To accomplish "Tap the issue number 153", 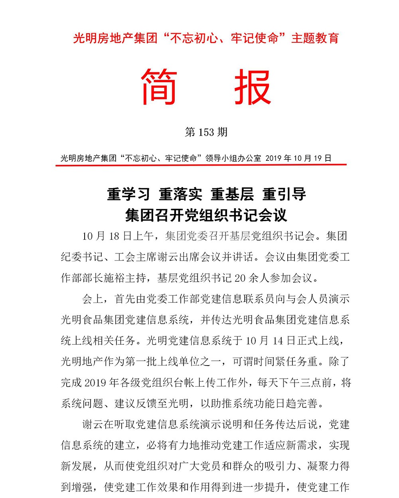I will click(206, 132).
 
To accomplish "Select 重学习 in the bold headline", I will click(128, 194).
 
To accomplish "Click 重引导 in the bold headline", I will click(284, 194).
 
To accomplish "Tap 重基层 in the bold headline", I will click(232, 194).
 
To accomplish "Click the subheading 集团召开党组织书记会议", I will click(206, 215).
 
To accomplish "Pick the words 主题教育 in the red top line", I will click(315, 38).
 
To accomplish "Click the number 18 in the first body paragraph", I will click(114, 236).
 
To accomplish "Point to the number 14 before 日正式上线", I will click(278, 341).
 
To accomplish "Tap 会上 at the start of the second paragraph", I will click(93, 299).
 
